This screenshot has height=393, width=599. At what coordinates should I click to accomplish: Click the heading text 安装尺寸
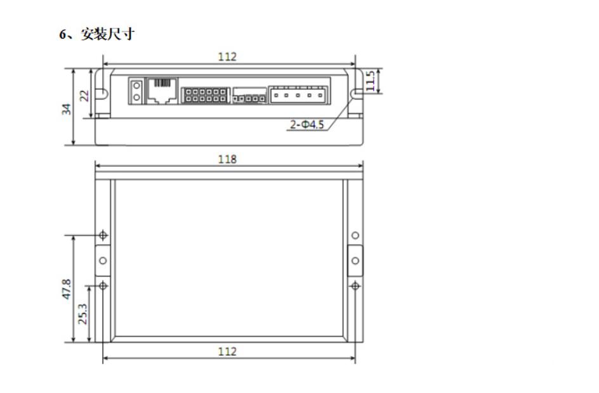click(x=108, y=34)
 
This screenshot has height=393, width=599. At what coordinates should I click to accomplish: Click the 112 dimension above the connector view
click(x=227, y=57)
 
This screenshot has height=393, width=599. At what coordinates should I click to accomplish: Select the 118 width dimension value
click(x=227, y=159)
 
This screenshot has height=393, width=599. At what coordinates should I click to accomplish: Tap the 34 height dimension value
click(x=67, y=109)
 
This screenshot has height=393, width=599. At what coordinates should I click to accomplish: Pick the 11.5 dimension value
click(x=370, y=81)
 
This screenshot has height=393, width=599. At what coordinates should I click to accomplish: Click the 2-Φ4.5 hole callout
click(x=306, y=124)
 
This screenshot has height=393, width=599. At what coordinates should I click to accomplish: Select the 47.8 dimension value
click(x=67, y=289)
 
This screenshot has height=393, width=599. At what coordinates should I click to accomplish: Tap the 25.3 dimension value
click(x=82, y=314)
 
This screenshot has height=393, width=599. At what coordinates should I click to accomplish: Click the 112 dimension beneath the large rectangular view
click(x=227, y=351)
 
